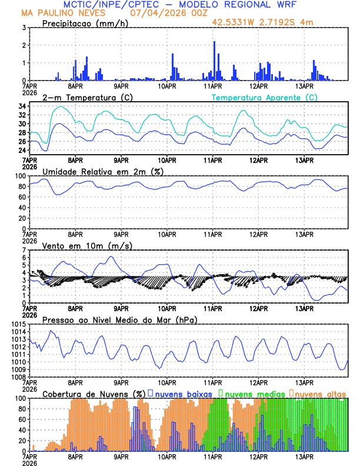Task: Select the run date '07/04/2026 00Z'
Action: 163,13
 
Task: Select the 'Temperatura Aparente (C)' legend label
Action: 264,97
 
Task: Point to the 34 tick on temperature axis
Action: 21,106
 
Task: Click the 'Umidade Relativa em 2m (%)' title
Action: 103,171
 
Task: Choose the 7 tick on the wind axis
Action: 24,250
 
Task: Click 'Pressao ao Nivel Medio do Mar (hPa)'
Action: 119,319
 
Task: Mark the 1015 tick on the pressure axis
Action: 17,325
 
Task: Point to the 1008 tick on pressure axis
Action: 17,377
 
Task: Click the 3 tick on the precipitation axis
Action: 24,28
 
